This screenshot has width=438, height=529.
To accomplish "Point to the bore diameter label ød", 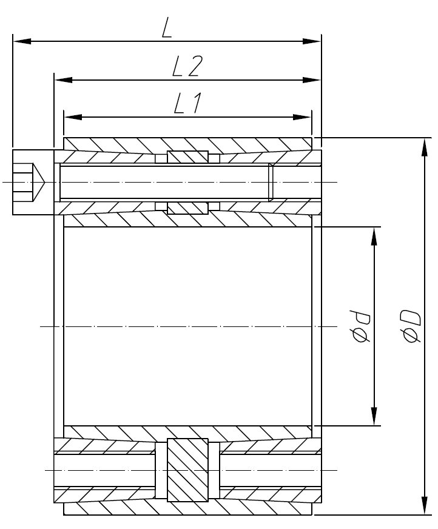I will [362, 327].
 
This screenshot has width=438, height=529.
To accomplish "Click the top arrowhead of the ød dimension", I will [374, 235].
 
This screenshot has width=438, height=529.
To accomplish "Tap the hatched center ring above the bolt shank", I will [188, 157].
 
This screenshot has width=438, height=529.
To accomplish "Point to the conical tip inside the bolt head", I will [38, 181].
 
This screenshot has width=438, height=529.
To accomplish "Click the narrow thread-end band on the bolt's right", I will [271, 181].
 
